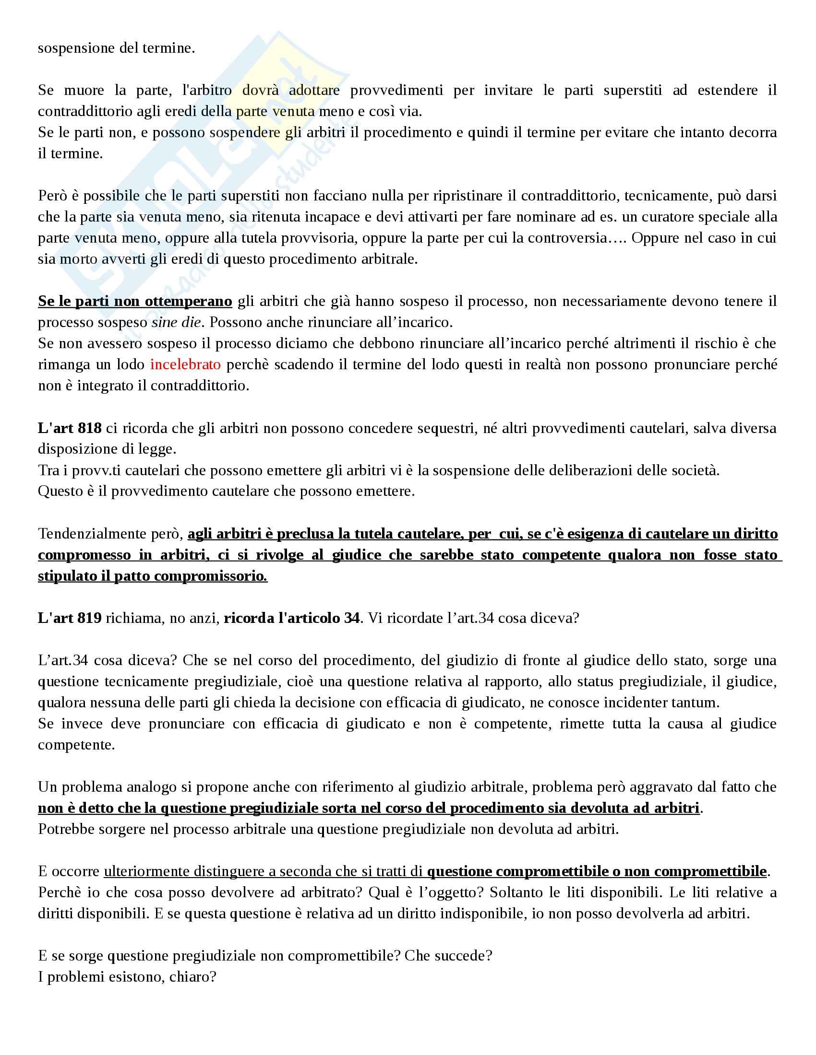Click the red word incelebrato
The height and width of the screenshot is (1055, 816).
(x=185, y=364)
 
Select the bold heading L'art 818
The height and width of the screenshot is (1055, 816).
(x=70, y=428)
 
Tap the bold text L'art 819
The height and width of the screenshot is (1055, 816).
(x=70, y=618)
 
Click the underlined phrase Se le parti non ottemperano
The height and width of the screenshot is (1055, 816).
(x=135, y=302)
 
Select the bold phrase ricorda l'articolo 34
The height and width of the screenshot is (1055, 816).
(x=291, y=618)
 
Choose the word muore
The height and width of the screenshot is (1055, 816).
(x=84, y=90)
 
